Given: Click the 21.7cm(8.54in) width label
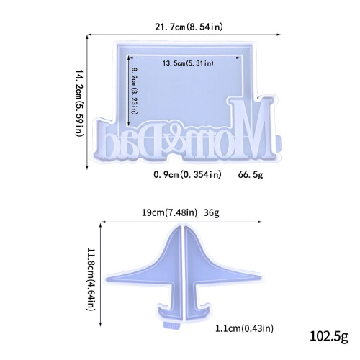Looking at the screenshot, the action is pos(189,27).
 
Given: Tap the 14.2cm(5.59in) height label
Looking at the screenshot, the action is pos(79,103).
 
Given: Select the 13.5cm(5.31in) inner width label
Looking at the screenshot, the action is pos(188,63).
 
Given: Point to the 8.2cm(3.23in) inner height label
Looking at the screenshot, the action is pos(135,91).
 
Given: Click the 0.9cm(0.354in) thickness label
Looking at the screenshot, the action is pos(187,174).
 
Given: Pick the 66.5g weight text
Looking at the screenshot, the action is pos(251,175).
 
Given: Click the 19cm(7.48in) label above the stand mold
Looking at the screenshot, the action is pos(169,212).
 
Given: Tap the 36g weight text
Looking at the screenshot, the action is pos(211,212).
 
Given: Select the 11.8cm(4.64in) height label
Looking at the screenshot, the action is pos(91,279).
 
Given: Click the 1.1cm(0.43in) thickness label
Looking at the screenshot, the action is pos(244,328).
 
